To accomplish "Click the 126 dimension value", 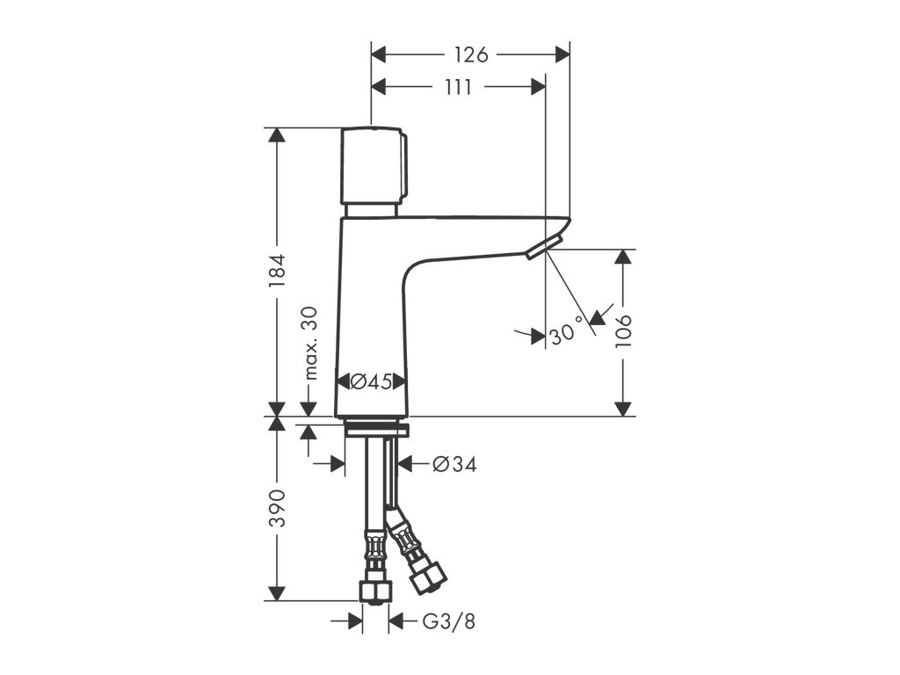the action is pyautogui.click(x=470, y=54).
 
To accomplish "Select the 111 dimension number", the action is pyautogui.click(x=458, y=87).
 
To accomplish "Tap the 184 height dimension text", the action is pyautogui.click(x=277, y=272).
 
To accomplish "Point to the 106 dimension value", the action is pyautogui.click(x=623, y=331).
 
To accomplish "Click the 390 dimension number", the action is pyautogui.click(x=277, y=508).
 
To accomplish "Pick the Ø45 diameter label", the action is pyautogui.click(x=371, y=381).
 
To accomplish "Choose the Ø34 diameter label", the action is pyautogui.click(x=454, y=464).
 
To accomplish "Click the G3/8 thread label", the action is pyautogui.click(x=448, y=622).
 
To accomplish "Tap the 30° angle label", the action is pyautogui.click(x=567, y=333).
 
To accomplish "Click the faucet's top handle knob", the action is pyautogui.click(x=374, y=165).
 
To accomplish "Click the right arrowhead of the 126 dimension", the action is pyautogui.click(x=562, y=54).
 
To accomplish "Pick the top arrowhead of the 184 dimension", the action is pyautogui.click(x=277, y=135).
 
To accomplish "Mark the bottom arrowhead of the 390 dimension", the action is pyautogui.click(x=277, y=593).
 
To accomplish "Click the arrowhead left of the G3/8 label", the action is pyautogui.click(x=355, y=622).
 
